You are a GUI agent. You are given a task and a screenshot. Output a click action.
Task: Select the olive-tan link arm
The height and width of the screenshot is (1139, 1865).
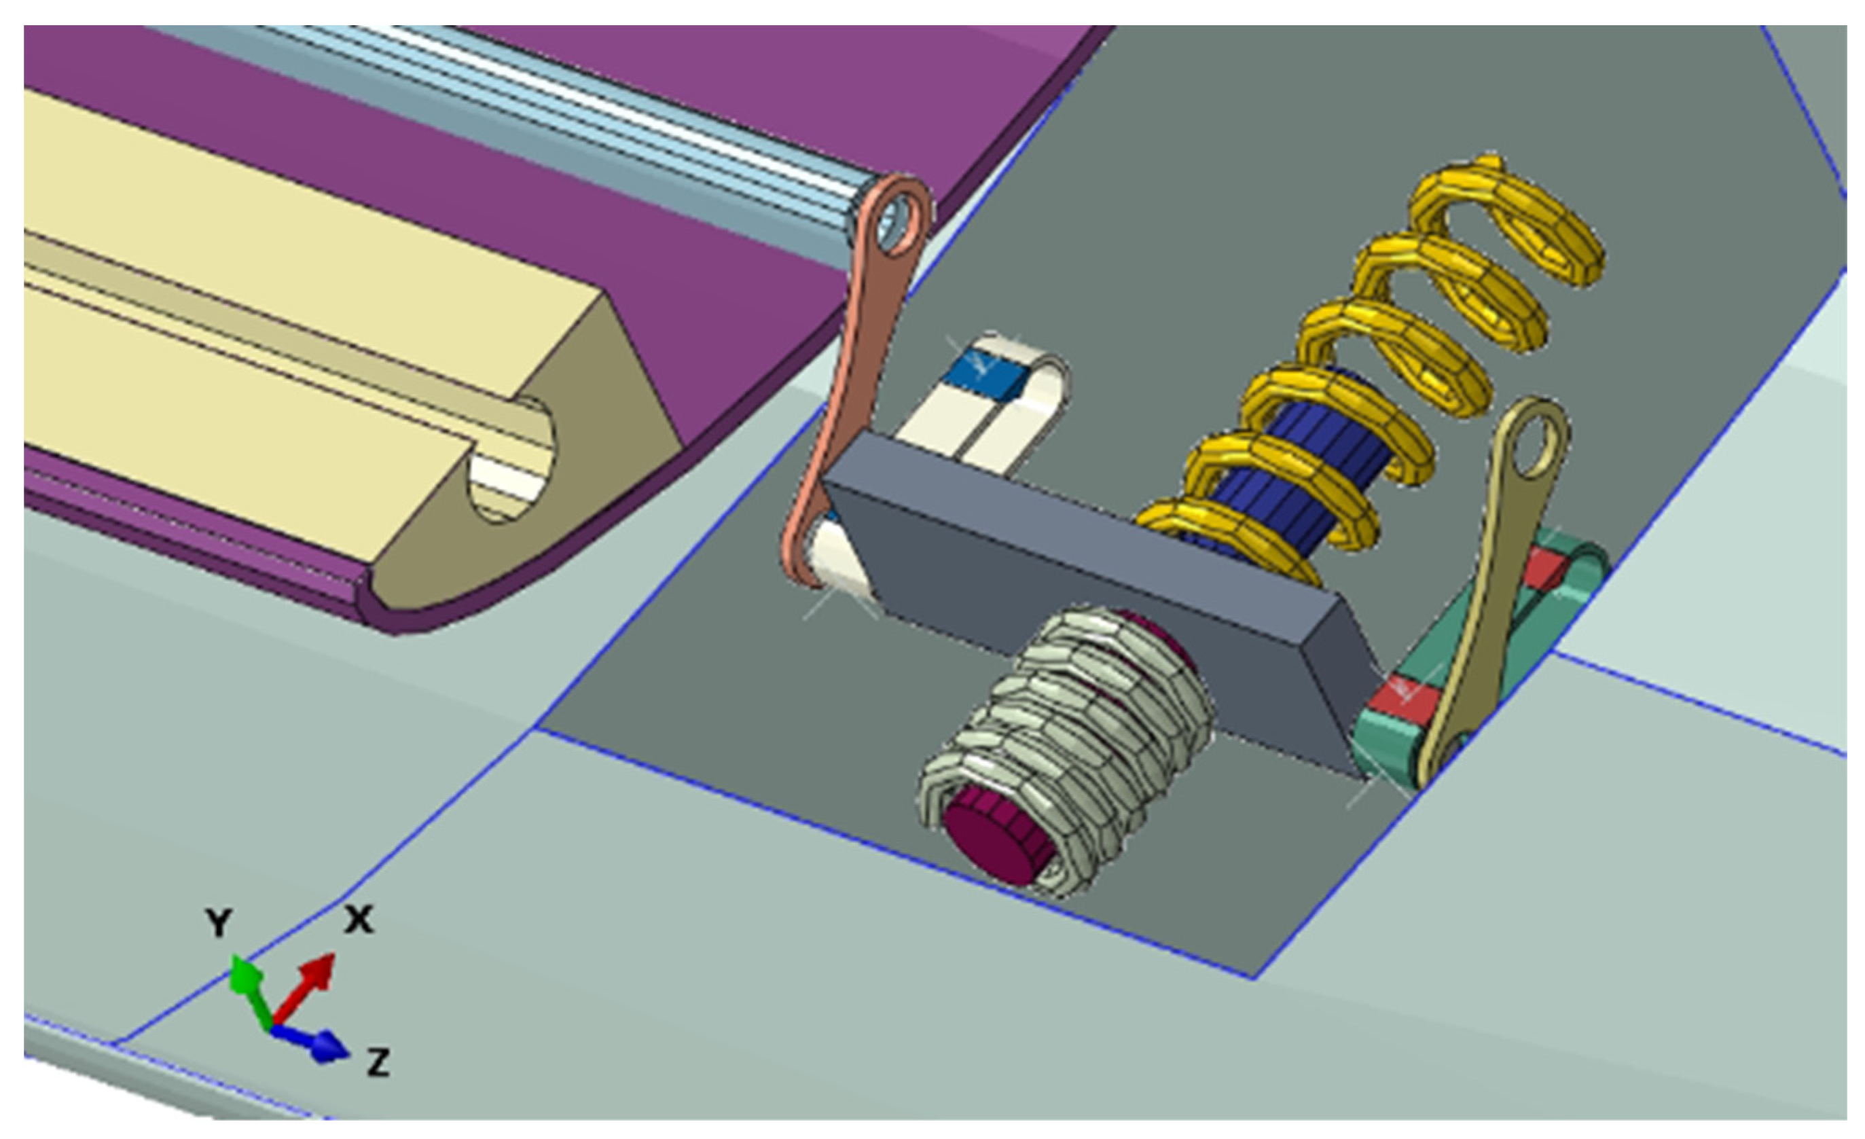tap(1483, 590)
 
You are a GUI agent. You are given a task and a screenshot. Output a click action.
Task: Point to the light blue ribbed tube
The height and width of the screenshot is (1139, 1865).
tap(530, 113)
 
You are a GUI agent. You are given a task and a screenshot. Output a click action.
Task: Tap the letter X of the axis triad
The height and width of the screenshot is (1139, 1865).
tap(359, 920)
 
